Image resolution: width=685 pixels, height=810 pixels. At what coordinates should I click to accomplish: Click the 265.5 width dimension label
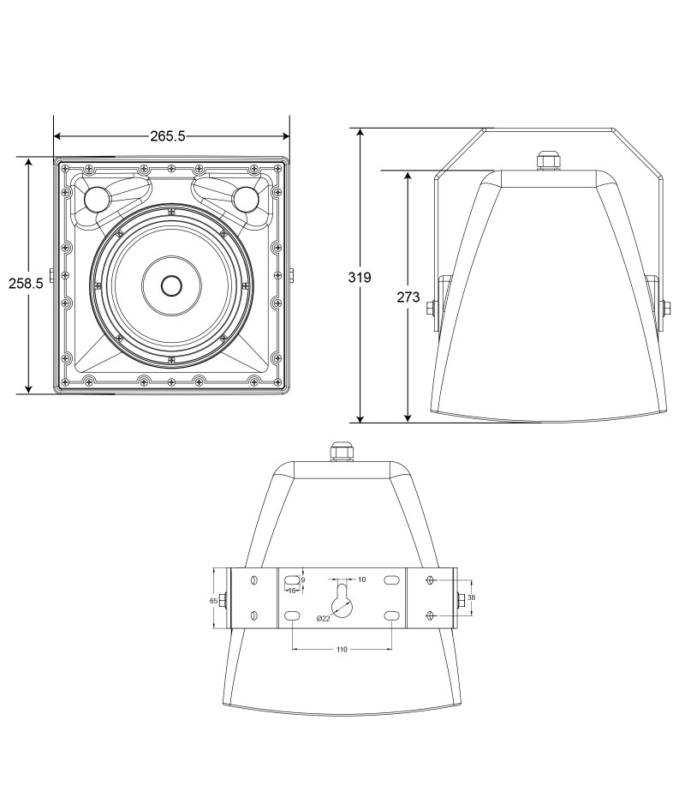pyautogui.click(x=167, y=136)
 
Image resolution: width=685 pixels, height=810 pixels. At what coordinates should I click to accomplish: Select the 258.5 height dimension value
pyautogui.click(x=26, y=283)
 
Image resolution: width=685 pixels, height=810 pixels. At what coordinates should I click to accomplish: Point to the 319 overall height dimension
pyautogui.click(x=360, y=278)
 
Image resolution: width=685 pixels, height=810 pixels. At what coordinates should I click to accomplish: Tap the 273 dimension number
pyautogui.click(x=408, y=297)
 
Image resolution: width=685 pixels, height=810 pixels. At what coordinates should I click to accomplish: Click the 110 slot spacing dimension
pyautogui.click(x=342, y=650)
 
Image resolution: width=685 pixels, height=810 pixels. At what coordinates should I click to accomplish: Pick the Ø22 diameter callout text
pyautogui.click(x=323, y=618)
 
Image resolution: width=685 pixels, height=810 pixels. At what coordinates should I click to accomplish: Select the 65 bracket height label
pyautogui.click(x=213, y=601)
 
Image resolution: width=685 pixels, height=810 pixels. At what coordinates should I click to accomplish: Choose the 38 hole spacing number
pyautogui.click(x=471, y=597)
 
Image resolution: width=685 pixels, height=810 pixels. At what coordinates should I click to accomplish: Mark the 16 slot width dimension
pyautogui.click(x=292, y=591)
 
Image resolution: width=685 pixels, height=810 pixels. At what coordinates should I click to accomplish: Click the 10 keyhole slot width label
pyautogui.click(x=361, y=579)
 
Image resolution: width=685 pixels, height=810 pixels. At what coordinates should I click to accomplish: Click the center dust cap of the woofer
pyautogui.click(x=171, y=285)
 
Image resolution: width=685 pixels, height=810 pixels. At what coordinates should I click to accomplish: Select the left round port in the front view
pyautogui.click(x=97, y=199)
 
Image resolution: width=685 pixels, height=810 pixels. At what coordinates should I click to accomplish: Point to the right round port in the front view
pyautogui.click(x=245, y=199)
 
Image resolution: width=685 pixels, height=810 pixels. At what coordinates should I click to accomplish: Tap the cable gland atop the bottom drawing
pyautogui.click(x=341, y=451)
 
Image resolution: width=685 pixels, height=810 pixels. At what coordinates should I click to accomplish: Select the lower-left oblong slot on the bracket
pyautogui.click(x=292, y=615)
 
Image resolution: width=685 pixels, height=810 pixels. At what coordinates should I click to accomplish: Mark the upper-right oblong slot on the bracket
pyautogui.click(x=391, y=580)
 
